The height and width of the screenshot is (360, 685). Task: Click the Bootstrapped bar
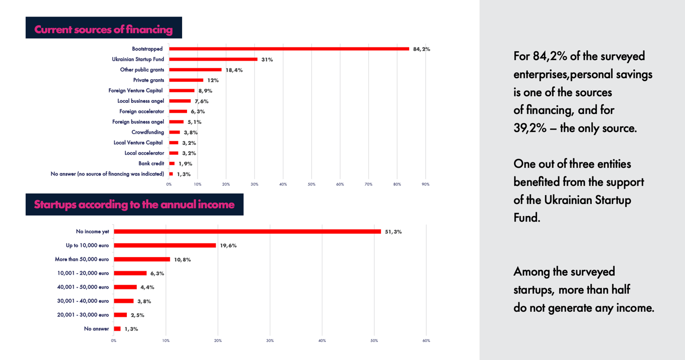pos(289,49)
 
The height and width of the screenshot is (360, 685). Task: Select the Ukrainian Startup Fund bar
pos(213,59)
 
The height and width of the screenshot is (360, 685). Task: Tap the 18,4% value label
pos(234,70)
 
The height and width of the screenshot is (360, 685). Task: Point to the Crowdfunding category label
pos(147,132)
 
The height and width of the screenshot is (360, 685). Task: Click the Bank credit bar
pos(172,163)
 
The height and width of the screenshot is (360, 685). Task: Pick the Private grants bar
pos(186,80)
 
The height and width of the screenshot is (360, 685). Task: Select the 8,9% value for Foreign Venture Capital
pos(205,91)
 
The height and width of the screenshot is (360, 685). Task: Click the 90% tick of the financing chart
pos(425,185)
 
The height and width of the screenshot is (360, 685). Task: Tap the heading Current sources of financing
pos(103,30)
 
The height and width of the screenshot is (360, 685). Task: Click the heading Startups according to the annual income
pos(134,205)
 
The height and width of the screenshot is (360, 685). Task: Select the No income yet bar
pos(247,232)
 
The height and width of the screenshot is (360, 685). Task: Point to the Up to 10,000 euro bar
pos(165,246)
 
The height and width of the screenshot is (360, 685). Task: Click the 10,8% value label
pos(182,260)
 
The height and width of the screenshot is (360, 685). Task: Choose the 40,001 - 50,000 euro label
pos(83,287)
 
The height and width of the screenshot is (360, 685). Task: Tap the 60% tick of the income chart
pos(426,341)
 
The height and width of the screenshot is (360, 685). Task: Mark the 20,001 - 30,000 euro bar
pos(120,315)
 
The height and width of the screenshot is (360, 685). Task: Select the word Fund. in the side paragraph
pos(527,218)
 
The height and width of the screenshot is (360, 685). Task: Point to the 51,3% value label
pos(393,232)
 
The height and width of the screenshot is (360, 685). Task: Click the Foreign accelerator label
pos(141,111)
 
